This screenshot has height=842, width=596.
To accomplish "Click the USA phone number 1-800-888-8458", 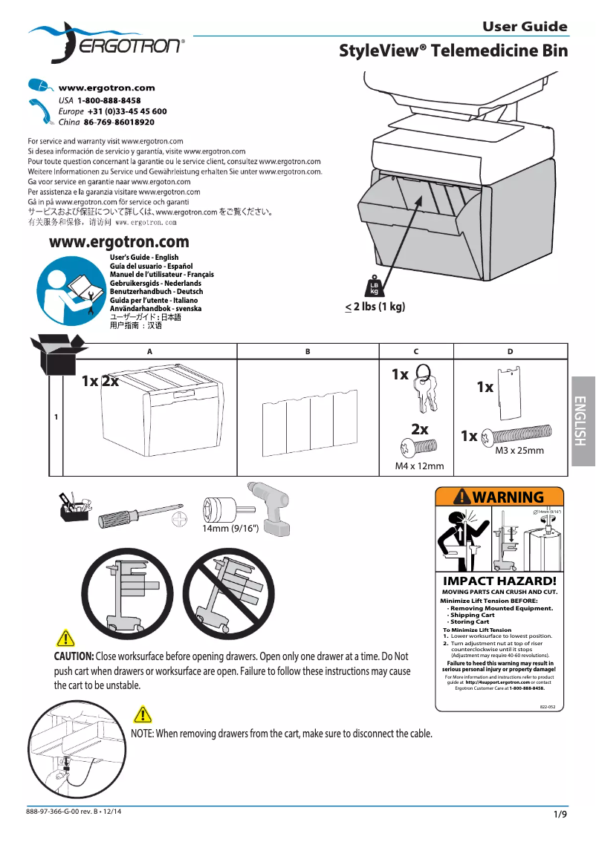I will pos(109,100).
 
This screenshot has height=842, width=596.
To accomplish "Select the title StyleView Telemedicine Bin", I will pos(453,50).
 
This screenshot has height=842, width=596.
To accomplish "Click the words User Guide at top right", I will pos(525,27).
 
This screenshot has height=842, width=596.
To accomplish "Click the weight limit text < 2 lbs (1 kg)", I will pos(375,307).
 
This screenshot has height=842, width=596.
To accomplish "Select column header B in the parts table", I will pos(308,351).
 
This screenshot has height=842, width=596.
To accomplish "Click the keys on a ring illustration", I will pos(421,389).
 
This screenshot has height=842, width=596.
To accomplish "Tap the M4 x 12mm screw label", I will pos(419,466).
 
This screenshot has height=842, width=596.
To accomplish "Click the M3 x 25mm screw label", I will pos(519,451).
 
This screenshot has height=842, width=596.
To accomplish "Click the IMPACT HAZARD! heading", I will pos(499,581).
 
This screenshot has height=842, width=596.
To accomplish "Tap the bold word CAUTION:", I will pos(74,656).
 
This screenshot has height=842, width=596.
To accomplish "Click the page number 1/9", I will pos(560,815).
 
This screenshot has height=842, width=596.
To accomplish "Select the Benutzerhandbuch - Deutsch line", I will pos(156,292).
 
